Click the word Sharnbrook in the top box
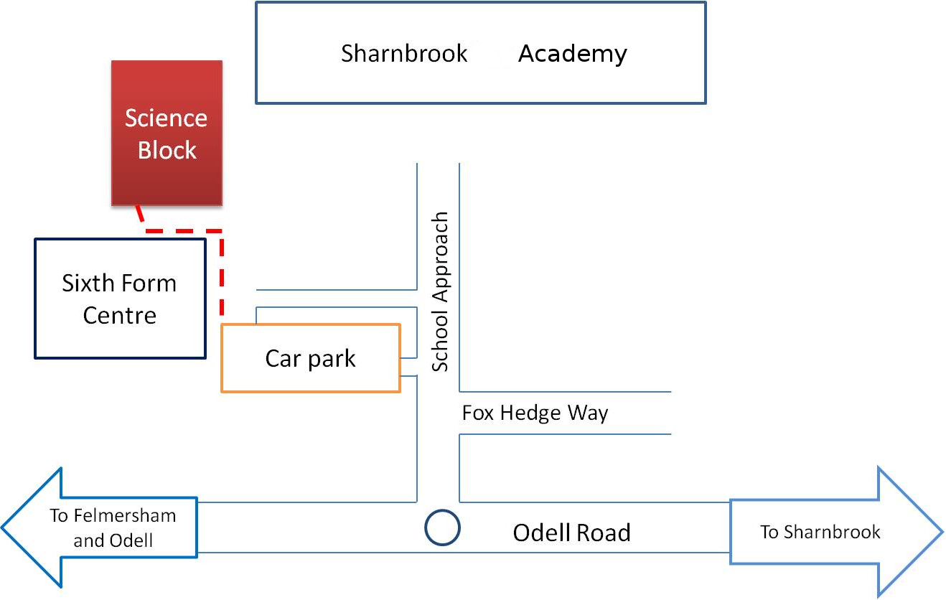pos(404,53)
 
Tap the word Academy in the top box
pos(573,55)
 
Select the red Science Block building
pos(167,133)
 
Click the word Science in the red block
pos(166,118)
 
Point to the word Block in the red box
pos(167,150)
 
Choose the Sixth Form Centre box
pos(121,239)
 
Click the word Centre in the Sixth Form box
pos(120,315)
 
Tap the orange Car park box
pos(311,324)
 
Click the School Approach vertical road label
pos(440,292)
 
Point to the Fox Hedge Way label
pos(535,413)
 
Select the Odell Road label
pos(572,533)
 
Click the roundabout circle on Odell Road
pos(442,510)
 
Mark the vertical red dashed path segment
pos(222,273)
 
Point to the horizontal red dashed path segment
pos(184,231)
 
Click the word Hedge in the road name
pos(530,413)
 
